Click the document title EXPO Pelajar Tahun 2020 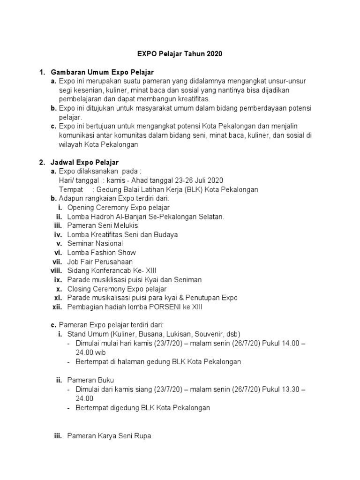coord(180,54)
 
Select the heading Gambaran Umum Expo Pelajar coord(102,72)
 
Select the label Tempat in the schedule coord(71,189)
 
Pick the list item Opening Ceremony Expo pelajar coord(118,207)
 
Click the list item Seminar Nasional coord(95,243)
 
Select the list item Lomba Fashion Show coord(102,253)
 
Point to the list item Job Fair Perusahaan coord(100,262)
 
